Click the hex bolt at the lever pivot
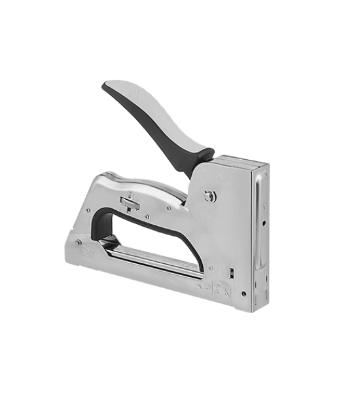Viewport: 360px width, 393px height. point(209,196)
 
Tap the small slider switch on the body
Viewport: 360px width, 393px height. point(130,202)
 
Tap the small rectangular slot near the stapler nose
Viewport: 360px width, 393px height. point(231,272)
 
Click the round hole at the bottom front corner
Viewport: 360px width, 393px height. point(243,294)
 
